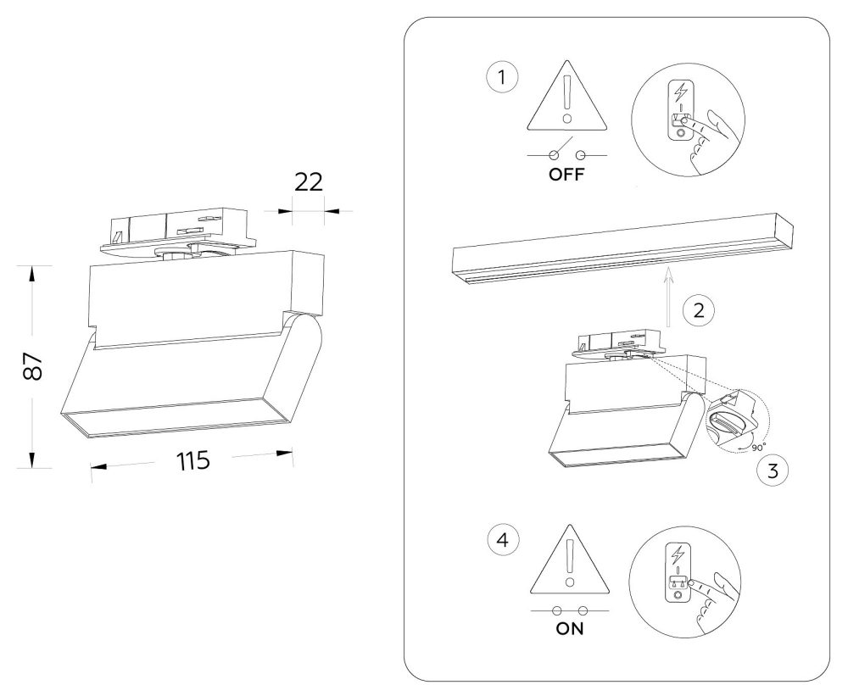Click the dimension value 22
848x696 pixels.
click(x=309, y=182)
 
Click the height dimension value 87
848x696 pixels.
click(x=34, y=366)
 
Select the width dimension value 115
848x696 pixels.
click(x=193, y=461)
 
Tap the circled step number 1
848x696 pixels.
click(x=502, y=77)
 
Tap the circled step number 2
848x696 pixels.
click(x=699, y=310)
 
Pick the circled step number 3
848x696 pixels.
click(x=773, y=470)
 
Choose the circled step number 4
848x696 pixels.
click(x=503, y=540)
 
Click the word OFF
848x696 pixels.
click(x=566, y=175)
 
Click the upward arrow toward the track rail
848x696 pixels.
click(x=669, y=297)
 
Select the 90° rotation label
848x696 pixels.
click(x=758, y=448)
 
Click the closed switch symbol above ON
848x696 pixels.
click(x=570, y=611)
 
